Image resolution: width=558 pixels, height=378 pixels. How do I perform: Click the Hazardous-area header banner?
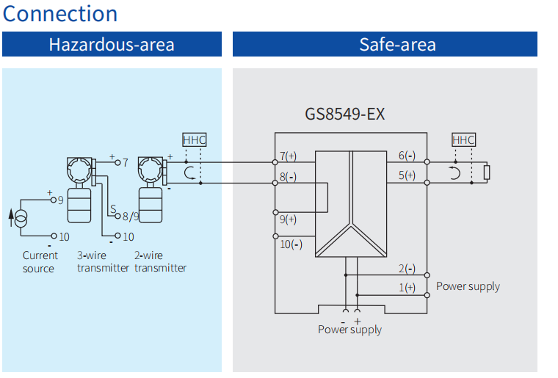point(112,44)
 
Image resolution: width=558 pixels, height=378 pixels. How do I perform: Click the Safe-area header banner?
point(385,44)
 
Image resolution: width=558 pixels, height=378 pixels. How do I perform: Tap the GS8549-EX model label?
point(345,115)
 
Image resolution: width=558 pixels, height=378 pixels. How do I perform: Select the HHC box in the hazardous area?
point(195,139)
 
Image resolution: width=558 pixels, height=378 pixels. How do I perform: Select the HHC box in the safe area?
point(464,139)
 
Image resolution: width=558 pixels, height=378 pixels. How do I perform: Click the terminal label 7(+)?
point(288,156)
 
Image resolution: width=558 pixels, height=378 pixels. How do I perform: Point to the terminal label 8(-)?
point(288,176)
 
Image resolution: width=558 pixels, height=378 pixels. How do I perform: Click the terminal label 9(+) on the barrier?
point(288,219)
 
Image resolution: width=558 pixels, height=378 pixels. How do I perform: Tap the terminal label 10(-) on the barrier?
point(291,244)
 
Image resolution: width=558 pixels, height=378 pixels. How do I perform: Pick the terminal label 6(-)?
point(407,156)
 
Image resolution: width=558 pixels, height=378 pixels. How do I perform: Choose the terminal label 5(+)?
point(407,175)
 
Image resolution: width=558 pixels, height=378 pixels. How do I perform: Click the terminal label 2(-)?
point(407,269)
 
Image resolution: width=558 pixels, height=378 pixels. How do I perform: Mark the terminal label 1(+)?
point(407,287)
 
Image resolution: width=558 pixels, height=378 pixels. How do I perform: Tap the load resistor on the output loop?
point(487,172)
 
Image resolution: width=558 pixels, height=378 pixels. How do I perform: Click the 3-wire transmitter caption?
point(103,262)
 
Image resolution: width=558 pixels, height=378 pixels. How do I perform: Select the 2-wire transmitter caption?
point(160,262)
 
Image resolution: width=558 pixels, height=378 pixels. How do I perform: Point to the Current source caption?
point(40,262)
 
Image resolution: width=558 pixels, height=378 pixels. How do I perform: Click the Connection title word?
point(59,13)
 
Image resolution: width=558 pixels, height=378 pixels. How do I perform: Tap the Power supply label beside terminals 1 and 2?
point(468,286)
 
